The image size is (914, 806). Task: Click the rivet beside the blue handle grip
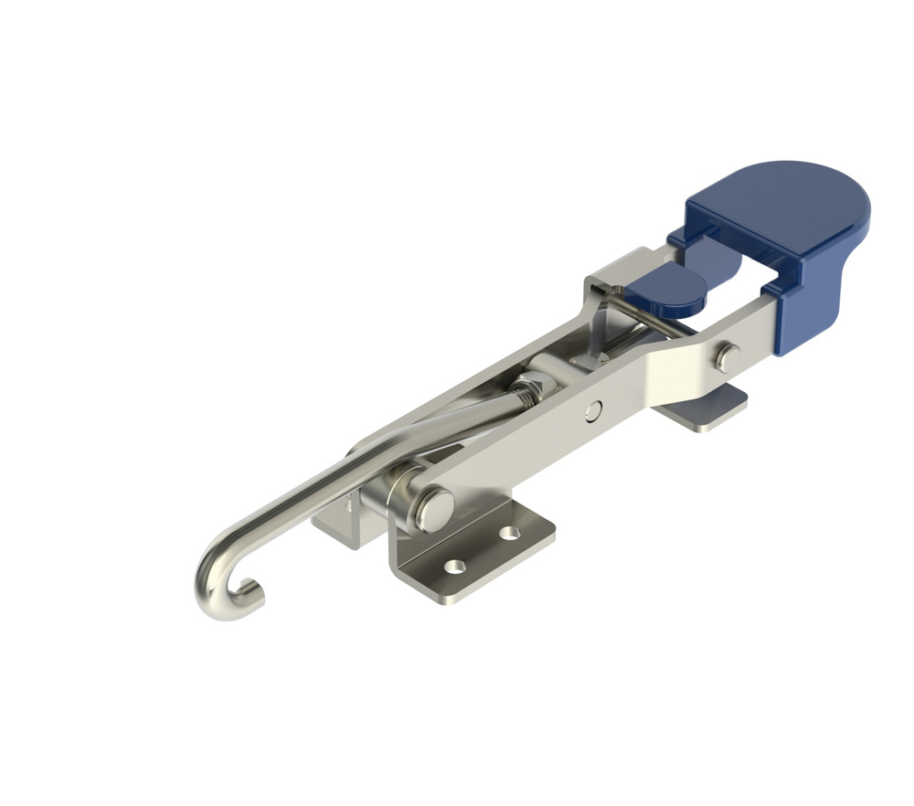(x=728, y=357)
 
